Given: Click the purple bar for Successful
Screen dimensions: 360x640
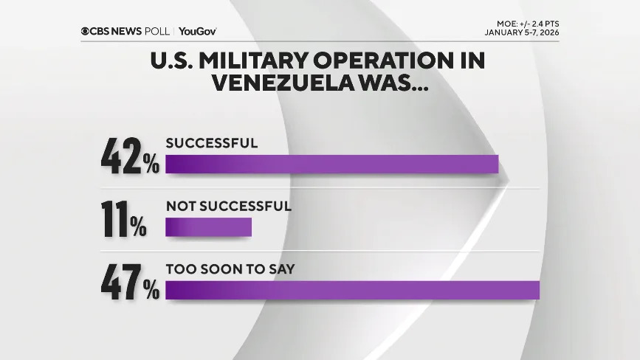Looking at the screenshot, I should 331,164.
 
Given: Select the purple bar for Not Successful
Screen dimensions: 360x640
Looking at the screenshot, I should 208,227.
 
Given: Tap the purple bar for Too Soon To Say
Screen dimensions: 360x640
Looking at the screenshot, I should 352,290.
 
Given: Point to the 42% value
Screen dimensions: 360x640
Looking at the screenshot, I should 130,157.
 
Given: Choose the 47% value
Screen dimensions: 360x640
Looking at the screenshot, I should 130,283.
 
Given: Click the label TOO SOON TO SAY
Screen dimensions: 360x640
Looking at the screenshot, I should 230,269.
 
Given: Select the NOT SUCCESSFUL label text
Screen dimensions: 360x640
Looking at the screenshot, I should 228,207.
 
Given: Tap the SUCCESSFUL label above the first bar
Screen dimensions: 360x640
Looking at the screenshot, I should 211,143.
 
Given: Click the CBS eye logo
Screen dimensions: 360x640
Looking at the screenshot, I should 86,31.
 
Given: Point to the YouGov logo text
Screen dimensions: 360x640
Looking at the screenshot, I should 197,31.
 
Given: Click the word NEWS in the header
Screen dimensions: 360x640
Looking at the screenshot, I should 130,31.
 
